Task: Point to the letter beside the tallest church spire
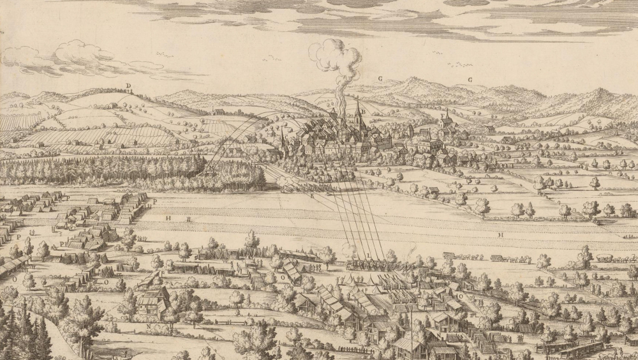[363, 111]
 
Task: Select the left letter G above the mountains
[380, 79]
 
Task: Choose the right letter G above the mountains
[470, 80]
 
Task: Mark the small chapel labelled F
[447, 121]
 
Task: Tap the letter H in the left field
[169, 218]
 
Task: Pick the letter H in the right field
[501, 235]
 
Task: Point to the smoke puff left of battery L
[350, 250]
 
